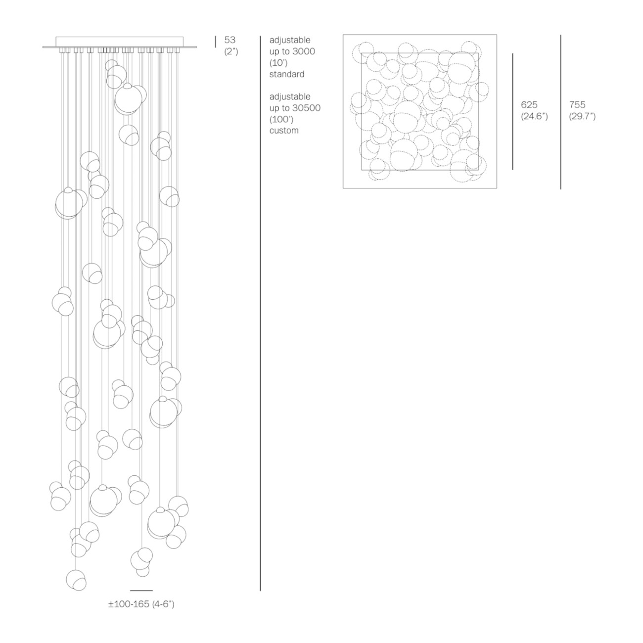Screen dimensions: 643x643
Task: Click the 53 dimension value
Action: tap(230, 40)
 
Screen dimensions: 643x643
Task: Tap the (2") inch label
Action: tap(231, 52)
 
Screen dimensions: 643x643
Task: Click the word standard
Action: tap(287, 74)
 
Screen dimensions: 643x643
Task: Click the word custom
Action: tap(284, 131)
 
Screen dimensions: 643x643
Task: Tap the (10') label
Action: tap(278, 63)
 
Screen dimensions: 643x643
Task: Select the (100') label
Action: tap(281, 120)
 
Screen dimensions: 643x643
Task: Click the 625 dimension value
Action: tap(529, 105)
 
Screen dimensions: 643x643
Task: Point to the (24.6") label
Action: tap(534, 116)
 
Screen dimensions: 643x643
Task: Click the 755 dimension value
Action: tap(577, 105)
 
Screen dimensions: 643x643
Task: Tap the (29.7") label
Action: tap(582, 116)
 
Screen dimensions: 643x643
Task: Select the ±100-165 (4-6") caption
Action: tap(141, 613)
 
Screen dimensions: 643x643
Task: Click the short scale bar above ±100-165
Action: tap(141, 599)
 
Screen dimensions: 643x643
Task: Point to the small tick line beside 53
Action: tap(215, 42)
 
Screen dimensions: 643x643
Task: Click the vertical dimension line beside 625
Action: tap(512, 111)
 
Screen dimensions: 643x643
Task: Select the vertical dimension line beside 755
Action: tap(560, 112)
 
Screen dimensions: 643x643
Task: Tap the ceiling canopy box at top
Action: tap(120, 42)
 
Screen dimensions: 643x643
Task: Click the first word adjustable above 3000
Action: tap(290, 41)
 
